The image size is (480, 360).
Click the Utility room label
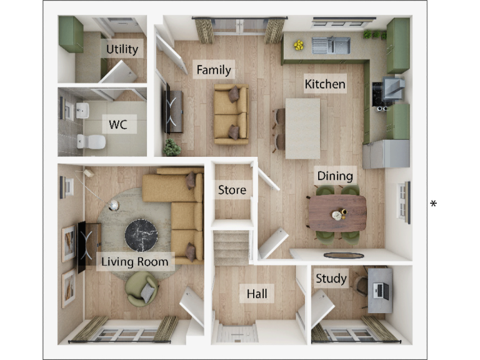pyautogui.click(x=122, y=49)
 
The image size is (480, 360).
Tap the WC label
pyautogui.click(x=118, y=124)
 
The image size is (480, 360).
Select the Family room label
pyautogui.click(x=214, y=70)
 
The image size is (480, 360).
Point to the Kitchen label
pyautogui.click(x=325, y=84)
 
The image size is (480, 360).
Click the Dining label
pyautogui.click(x=335, y=176)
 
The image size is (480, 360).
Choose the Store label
pyautogui.click(x=232, y=189)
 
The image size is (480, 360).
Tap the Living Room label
pyautogui.click(x=136, y=261)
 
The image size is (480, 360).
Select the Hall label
pyautogui.click(x=258, y=294)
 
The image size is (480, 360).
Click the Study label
pyautogui.click(x=331, y=279)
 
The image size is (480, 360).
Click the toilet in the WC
pyautogui.click(x=88, y=142)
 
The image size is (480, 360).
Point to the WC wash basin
pyautogui.click(x=82, y=111)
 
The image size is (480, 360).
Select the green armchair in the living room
pyautogui.click(x=142, y=290)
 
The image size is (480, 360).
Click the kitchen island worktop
pyautogui.click(x=303, y=124)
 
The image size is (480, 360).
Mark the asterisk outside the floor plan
pyautogui.click(x=433, y=204)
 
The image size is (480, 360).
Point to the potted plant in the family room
pyautogui.click(x=171, y=147)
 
